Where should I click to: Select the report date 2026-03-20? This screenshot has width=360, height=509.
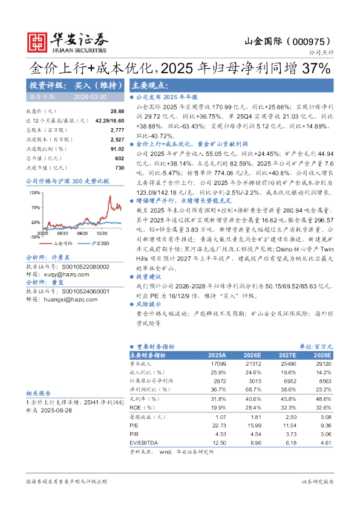(91, 97)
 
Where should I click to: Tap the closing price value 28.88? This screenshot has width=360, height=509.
(117, 112)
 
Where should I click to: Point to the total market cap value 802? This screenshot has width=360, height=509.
(119, 158)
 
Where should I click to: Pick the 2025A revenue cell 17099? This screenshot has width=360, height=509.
(218, 364)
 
